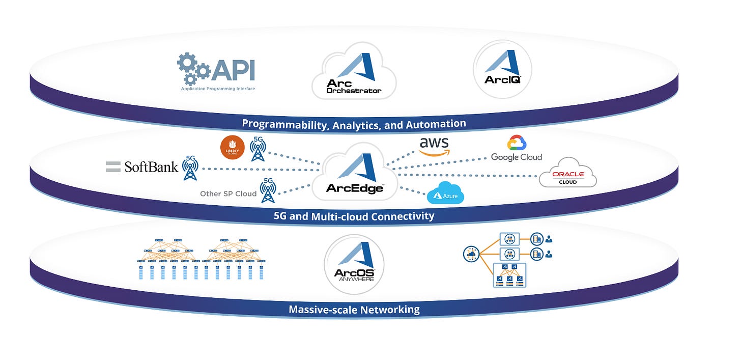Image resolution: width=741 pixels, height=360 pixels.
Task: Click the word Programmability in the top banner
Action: click(x=284, y=124)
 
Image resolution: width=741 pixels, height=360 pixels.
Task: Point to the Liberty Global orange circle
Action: click(x=232, y=148)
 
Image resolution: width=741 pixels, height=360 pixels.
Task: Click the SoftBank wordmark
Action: click(x=151, y=167)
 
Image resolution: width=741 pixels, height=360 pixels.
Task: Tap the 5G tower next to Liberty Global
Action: click(x=258, y=149)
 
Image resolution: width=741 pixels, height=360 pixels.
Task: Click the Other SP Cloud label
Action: click(x=228, y=193)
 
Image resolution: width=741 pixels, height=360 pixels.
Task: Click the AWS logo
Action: click(x=434, y=146)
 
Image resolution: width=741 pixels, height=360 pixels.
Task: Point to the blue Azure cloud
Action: click(x=445, y=193)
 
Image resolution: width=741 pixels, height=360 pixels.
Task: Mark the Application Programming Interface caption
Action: click(x=218, y=89)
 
